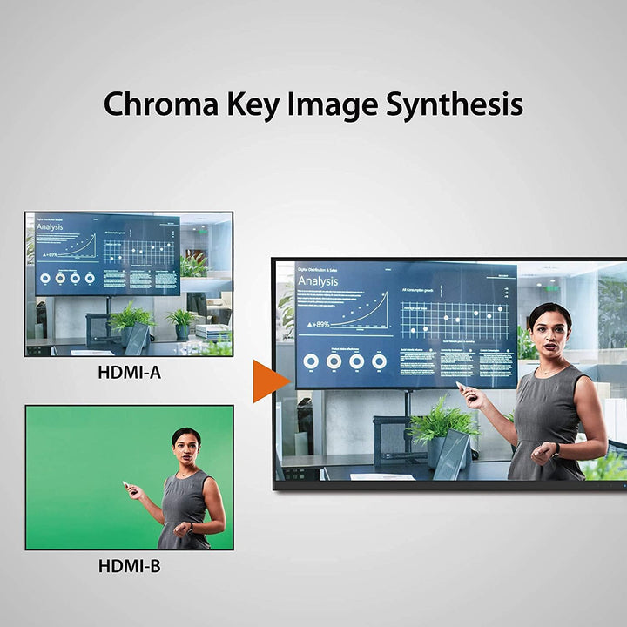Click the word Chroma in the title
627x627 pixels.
coord(159,104)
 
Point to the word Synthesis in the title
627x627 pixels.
coord(455,105)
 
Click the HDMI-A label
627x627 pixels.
coord(129,373)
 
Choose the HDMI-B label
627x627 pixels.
coord(129,566)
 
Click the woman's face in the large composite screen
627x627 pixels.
coord(549,334)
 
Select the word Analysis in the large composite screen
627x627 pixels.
coord(318,281)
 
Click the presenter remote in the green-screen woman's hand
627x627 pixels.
coord(127,484)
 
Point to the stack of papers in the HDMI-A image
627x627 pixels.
coord(212,331)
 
